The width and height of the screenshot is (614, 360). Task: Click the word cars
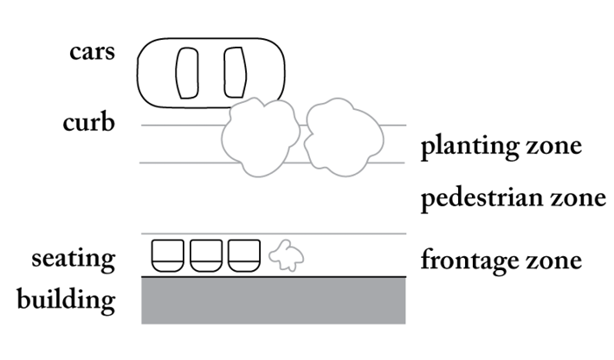[92, 51]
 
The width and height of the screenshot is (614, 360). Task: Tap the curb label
[88, 123]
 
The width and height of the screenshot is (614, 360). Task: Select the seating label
[73, 258]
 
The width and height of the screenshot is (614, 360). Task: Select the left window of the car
[187, 72]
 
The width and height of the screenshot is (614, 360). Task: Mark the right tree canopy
[343, 137]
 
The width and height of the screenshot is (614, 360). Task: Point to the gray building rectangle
[273, 300]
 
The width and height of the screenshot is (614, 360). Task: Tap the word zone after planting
[554, 148]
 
